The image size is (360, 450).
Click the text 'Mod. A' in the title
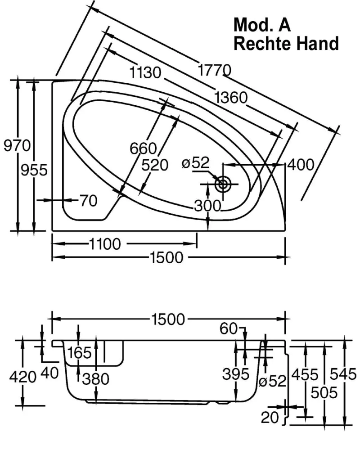(x=262, y=25)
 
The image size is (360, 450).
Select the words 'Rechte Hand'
(x=286, y=44)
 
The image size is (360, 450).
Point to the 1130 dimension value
(x=145, y=72)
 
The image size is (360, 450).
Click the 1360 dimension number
(x=231, y=97)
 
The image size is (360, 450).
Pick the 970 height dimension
(x=17, y=146)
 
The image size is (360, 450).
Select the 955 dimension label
(x=34, y=170)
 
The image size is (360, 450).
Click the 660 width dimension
(x=143, y=148)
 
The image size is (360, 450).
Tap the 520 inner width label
(x=154, y=165)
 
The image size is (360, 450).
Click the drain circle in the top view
(x=223, y=184)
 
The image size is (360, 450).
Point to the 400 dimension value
(x=300, y=165)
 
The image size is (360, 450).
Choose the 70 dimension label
(x=88, y=201)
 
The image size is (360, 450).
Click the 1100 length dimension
(x=105, y=244)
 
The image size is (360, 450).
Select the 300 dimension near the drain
(x=207, y=206)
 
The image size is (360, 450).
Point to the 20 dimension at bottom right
(x=270, y=418)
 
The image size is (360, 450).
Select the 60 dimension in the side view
(x=229, y=329)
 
